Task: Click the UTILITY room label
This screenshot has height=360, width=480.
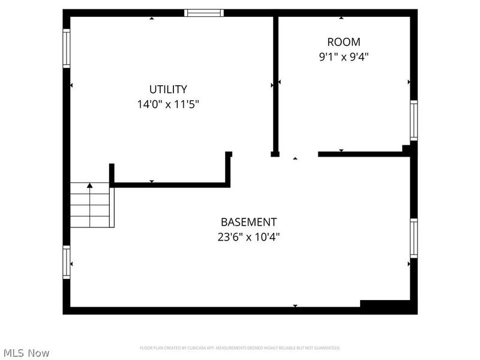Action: [x=168, y=89]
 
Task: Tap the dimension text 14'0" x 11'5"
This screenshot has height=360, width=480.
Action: [x=168, y=104]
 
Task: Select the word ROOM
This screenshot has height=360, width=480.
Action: [x=344, y=42]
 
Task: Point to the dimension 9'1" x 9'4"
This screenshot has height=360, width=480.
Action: [x=344, y=57]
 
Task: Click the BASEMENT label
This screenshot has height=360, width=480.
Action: [x=248, y=222]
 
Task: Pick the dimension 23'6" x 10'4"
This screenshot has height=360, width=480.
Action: [x=248, y=237]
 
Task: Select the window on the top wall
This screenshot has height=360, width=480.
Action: [x=204, y=13]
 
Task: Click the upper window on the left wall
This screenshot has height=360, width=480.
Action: [x=67, y=49]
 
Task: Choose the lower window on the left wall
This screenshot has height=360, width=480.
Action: [x=67, y=262]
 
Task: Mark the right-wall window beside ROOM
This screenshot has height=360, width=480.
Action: [x=413, y=120]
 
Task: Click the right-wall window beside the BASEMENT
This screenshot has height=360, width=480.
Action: [x=413, y=238]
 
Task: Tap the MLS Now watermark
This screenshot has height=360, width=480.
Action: [x=26, y=353]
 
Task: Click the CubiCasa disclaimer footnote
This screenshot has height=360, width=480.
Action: [x=240, y=348]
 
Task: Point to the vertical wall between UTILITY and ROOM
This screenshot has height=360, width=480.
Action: [x=275, y=84]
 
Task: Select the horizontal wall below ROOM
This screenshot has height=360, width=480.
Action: [x=363, y=154]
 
